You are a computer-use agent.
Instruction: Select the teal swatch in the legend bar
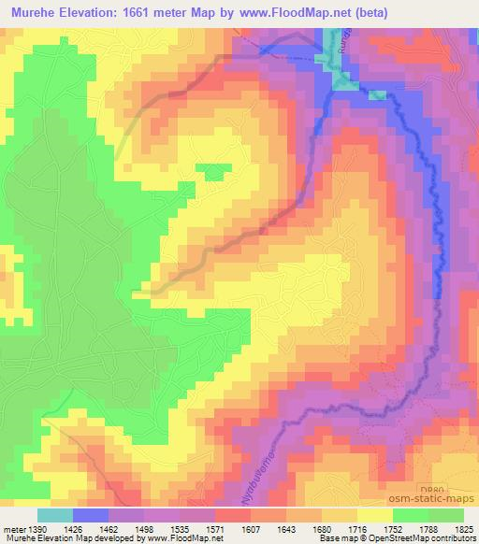point(55,514)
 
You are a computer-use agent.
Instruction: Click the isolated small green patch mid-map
point(213,170)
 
